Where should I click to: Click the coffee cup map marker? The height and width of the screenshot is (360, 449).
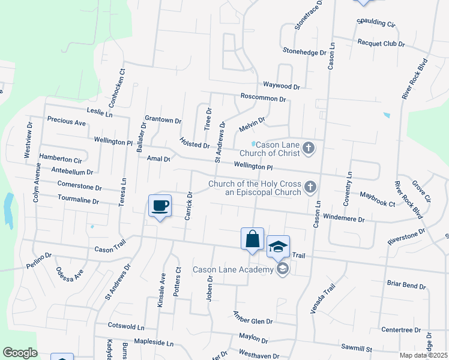coord(160,206)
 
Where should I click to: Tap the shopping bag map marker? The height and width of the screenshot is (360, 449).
coord(253,239)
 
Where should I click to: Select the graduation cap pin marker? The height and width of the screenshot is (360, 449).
coord(278,247)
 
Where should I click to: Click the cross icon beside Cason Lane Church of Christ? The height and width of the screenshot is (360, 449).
coord(309,148)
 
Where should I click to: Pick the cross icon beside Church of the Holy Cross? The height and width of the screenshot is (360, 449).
coord(310,187)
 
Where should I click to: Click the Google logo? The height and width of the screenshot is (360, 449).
coord(20,353)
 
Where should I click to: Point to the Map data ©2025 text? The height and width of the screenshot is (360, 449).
coord(423,355)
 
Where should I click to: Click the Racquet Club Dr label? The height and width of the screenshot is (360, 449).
coord(381,44)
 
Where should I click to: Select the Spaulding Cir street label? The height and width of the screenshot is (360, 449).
coord(376,25)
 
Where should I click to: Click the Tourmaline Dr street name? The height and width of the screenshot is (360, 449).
coord(78,200)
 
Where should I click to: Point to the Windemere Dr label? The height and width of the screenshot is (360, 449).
coord(343,219)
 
